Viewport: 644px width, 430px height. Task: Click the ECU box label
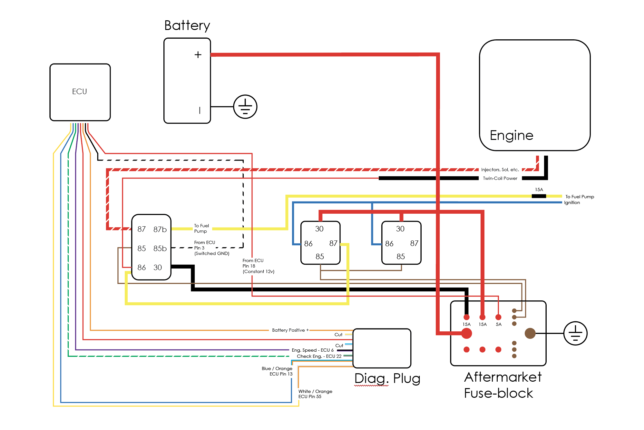[79, 92]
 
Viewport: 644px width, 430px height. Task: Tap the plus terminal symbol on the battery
[198, 55]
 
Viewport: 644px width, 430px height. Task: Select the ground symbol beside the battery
[245, 107]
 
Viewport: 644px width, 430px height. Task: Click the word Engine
[512, 135]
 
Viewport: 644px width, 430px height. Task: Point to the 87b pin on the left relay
[160, 230]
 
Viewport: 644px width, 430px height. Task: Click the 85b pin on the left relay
[160, 249]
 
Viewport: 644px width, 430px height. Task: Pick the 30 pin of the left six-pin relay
[158, 268]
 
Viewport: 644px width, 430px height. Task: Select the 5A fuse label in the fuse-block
[499, 325]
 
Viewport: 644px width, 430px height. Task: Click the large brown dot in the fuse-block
[530, 333]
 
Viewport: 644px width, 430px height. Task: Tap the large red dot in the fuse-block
[466, 333]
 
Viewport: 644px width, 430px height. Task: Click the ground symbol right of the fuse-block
[575, 333]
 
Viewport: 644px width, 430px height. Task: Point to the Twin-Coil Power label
[500, 179]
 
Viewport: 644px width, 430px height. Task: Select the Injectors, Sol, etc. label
[500, 170]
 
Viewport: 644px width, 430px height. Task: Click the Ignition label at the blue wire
[572, 203]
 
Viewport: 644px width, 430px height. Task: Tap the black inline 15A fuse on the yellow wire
[539, 196]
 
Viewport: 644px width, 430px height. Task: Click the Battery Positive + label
[290, 330]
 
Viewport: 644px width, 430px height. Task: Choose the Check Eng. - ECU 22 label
[319, 356]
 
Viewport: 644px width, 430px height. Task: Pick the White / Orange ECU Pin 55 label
[315, 394]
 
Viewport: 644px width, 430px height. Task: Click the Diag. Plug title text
[387, 378]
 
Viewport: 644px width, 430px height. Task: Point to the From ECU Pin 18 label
[258, 266]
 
